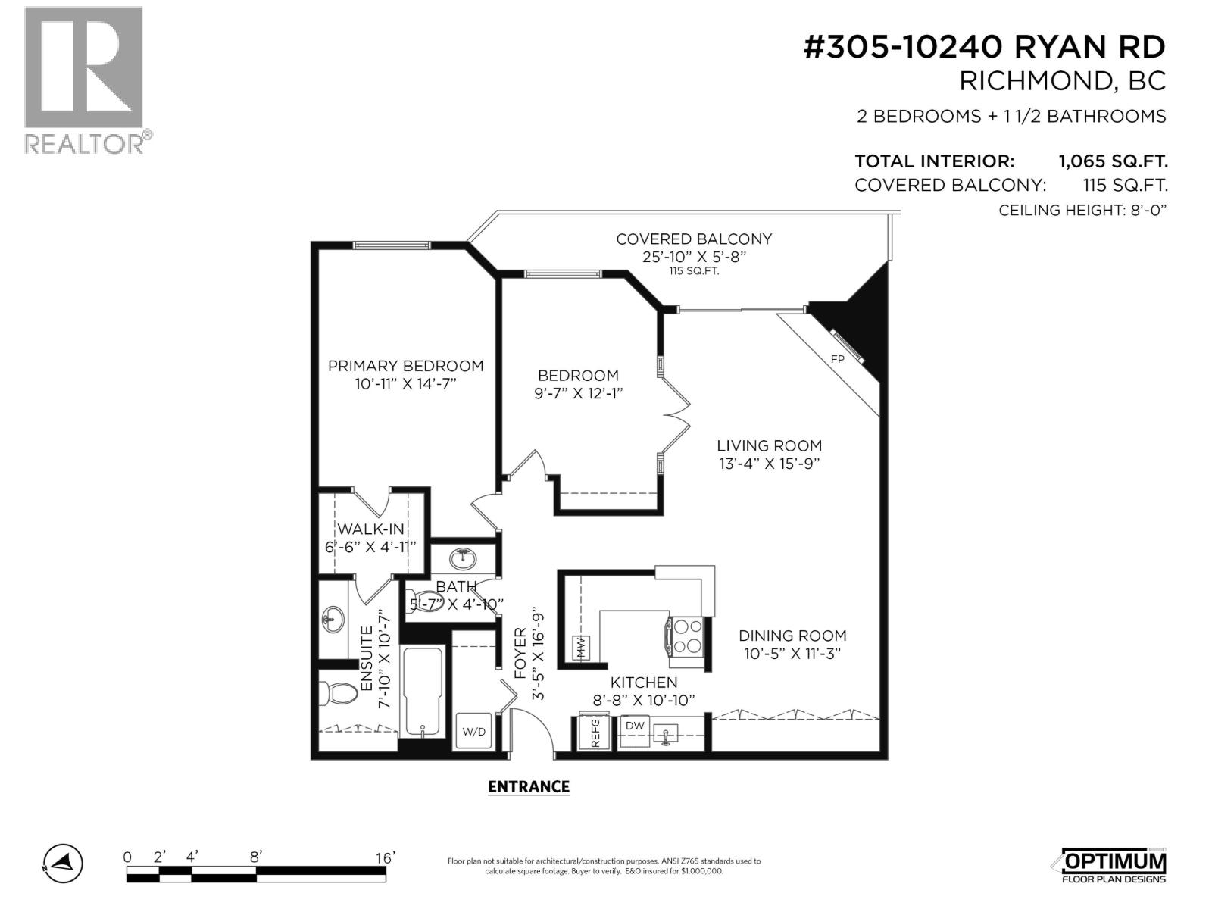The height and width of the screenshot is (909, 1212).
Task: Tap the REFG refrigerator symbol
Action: (595, 732)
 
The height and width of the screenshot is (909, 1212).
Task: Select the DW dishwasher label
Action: (635, 726)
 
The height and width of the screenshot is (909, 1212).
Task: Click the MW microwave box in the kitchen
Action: (581, 648)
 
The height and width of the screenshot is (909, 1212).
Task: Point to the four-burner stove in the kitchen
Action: (687, 636)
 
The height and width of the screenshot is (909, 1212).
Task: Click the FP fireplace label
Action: (837, 359)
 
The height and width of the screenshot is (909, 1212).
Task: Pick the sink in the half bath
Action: (463, 559)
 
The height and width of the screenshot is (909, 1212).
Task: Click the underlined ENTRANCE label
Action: (528, 786)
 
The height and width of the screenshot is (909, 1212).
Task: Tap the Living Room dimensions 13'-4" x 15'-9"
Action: (770, 464)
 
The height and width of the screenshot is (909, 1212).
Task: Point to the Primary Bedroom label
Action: (405, 366)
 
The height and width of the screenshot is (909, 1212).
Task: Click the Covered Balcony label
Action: (693, 239)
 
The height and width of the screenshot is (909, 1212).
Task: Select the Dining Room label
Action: (792, 636)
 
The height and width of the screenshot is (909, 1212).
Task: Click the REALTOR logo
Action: (84, 80)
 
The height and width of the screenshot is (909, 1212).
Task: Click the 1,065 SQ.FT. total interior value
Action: (1112, 161)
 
